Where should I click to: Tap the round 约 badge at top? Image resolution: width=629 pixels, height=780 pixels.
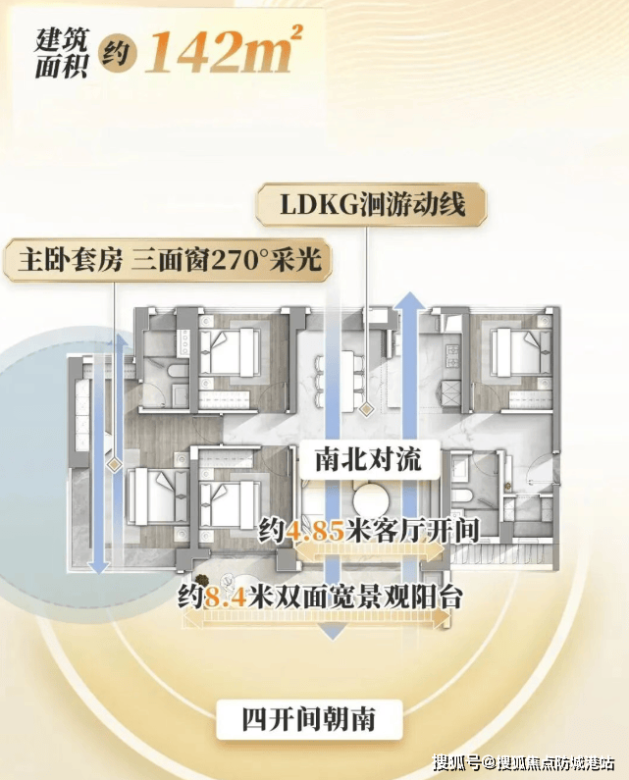click(116, 53)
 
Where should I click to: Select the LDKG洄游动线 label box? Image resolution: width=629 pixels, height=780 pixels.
click(371, 204)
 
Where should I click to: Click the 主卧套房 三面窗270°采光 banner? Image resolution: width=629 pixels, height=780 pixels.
click(168, 260)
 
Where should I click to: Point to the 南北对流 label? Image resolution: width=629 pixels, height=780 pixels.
click(369, 459)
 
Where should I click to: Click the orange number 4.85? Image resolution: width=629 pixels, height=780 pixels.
click(315, 531)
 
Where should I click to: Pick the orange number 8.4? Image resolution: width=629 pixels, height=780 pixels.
click(225, 597)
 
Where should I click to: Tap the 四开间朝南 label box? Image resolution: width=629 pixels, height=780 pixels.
click(309, 719)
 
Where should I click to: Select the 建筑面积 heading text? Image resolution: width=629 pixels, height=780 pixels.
click(61, 53)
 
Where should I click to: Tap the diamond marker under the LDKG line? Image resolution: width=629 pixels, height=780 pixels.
click(367, 410)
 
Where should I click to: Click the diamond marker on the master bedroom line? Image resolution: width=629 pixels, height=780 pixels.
click(115, 465)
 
